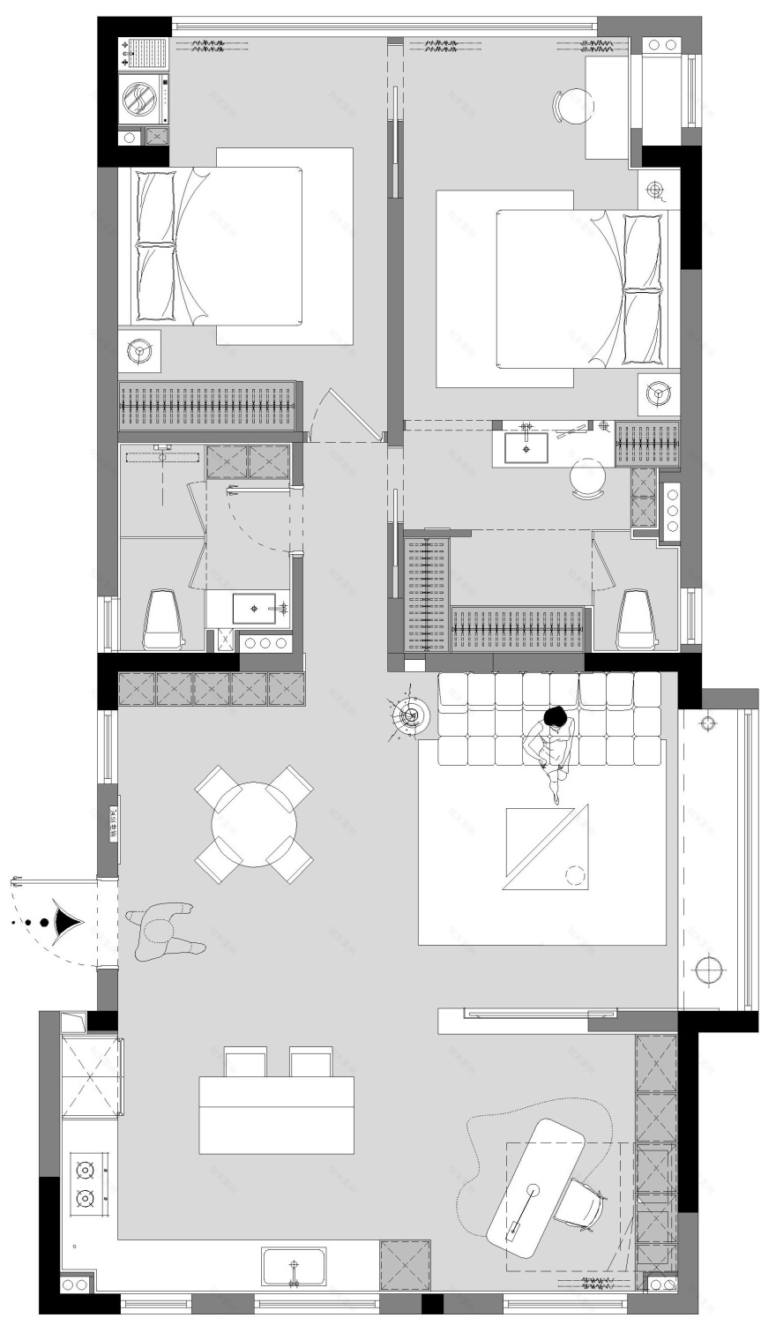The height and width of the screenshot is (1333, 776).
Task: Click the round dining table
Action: (x=254, y=824)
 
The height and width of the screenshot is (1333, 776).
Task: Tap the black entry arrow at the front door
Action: (x=67, y=922)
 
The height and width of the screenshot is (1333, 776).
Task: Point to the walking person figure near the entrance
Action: (x=160, y=931)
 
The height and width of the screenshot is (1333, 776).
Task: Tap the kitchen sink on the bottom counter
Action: (x=294, y=1267)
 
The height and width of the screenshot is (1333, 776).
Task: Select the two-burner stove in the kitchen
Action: (x=86, y=1184)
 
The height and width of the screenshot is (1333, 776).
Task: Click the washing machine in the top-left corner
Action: (x=140, y=97)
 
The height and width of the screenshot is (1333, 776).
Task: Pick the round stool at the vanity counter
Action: (x=587, y=479)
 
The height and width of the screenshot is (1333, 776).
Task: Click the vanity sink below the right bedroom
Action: (x=526, y=447)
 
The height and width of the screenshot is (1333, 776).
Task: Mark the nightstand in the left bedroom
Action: (x=140, y=351)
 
